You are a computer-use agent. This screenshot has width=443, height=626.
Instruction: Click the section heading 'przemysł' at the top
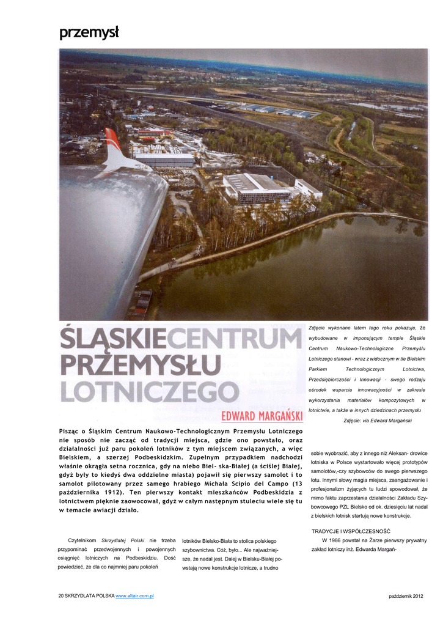tap(89, 33)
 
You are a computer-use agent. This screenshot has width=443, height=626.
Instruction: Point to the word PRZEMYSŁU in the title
tap(140, 366)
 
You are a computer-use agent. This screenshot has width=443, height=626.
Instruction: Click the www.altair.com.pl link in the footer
tap(134, 596)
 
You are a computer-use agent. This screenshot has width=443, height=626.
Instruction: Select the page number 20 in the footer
tap(61, 596)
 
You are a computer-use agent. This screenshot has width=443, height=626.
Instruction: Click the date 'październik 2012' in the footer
tap(405, 596)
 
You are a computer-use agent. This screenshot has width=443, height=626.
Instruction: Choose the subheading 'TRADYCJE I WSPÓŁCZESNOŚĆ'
tap(351, 531)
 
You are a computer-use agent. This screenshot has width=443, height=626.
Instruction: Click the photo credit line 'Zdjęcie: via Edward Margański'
tap(378, 421)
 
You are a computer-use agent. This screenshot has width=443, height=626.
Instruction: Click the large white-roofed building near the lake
tap(257, 186)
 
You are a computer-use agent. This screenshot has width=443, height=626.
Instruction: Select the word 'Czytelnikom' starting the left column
tap(82, 541)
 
